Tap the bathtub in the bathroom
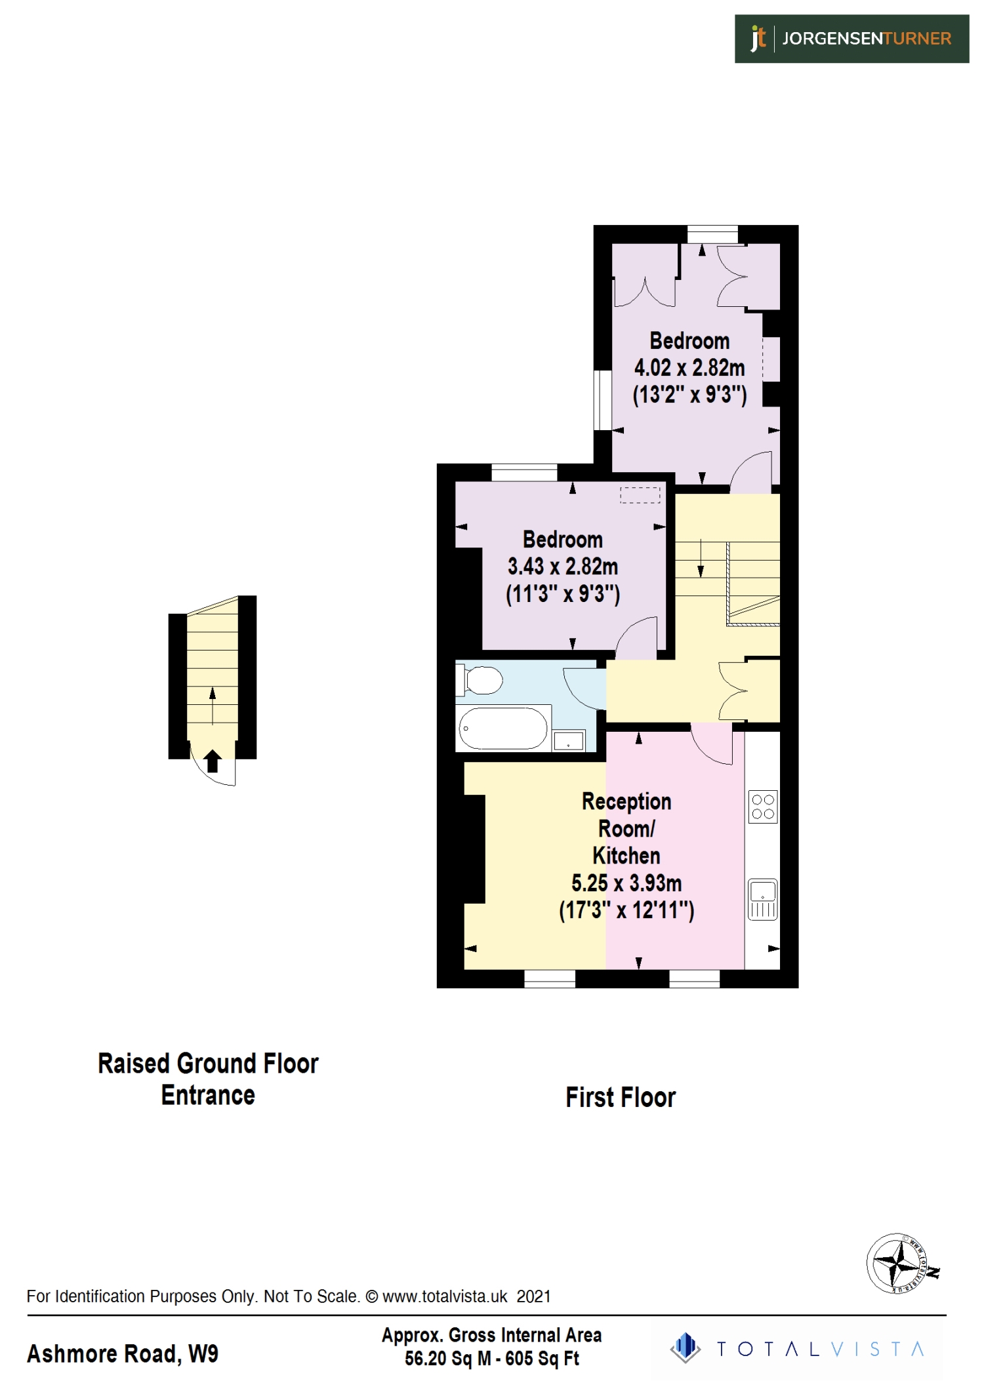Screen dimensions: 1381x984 tap(502, 728)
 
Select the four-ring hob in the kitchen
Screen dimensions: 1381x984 tap(763, 807)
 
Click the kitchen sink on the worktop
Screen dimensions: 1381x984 tap(763, 899)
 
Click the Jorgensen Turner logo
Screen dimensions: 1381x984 tap(851, 39)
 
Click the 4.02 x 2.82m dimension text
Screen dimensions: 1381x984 tap(689, 368)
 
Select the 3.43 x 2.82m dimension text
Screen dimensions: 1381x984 tap(562, 567)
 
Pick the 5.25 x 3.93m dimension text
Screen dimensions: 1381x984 tap(626, 883)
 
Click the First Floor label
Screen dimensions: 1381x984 tap(620, 1098)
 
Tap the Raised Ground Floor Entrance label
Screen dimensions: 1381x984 tap(208, 1079)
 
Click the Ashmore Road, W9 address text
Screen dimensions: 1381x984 tap(123, 1353)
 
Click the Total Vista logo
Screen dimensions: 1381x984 tap(797, 1349)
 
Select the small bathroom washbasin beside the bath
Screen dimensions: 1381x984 tap(568, 741)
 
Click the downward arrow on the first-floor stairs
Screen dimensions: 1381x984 tap(701, 558)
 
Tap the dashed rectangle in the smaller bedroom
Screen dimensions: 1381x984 tap(640, 495)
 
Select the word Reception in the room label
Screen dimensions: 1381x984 tap(626, 801)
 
